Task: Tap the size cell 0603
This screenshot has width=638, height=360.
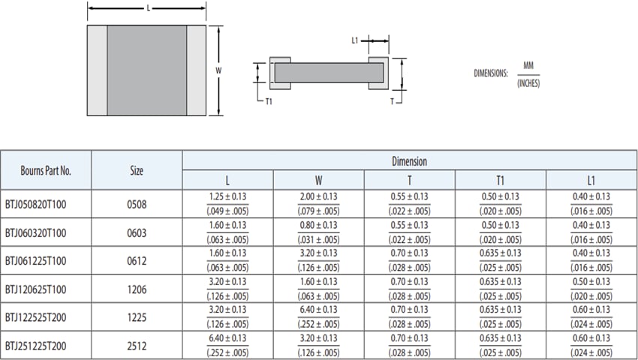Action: tap(137, 232)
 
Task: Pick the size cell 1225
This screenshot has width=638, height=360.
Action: tap(137, 316)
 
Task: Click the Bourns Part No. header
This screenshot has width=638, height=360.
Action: tap(46, 170)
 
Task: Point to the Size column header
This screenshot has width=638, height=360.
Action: tap(137, 170)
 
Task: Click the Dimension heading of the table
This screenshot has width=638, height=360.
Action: tap(409, 161)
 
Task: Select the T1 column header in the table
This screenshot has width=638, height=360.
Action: tap(500, 180)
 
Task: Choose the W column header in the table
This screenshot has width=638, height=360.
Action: tap(318, 180)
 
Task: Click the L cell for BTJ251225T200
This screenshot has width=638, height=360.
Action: tap(227, 345)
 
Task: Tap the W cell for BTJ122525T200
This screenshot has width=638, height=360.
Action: tap(318, 316)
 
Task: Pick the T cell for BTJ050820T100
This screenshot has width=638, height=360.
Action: tap(409, 204)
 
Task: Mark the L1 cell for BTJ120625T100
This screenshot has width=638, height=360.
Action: tap(591, 289)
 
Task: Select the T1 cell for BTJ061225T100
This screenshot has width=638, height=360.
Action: tap(500, 260)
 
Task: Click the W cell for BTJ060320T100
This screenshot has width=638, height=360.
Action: tap(318, 232)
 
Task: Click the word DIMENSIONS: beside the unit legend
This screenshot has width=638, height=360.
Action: tap(491, 73)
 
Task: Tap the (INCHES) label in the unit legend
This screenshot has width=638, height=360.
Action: tap(528, 82)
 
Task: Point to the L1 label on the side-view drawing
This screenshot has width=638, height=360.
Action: tap(355, 41)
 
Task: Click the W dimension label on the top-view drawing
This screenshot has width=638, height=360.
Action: tap(218, 70)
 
